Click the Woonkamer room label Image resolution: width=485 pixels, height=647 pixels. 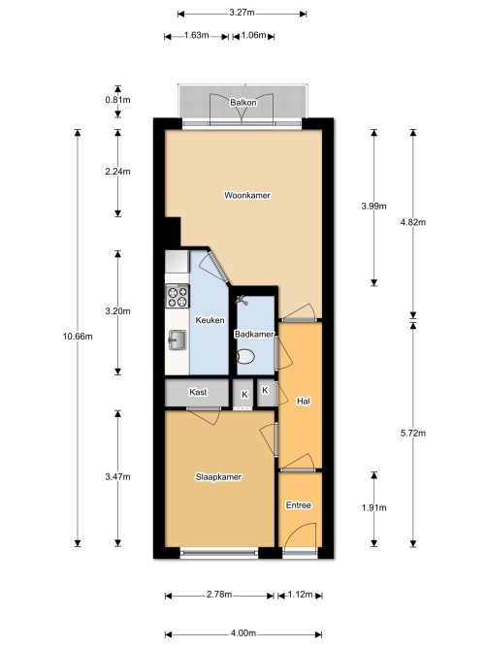(x=246, y=195)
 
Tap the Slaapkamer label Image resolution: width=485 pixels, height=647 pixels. (x=218, y=477)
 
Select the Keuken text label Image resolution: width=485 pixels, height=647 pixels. (x=210, y=320)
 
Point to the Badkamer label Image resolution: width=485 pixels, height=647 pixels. (x=254, y=335)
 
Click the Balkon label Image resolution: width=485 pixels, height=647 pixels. (x=243, y=102)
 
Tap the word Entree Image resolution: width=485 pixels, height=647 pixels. (x=299, y=505)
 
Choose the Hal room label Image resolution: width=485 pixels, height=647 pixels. (x=304, y=401)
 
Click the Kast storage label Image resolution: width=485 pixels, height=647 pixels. (x=198, y=392)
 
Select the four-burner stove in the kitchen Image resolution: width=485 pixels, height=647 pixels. (x=178, y=296)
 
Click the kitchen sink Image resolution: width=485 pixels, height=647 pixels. (x=178, y=340)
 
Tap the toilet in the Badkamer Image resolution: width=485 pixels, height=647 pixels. (x=245, y=357)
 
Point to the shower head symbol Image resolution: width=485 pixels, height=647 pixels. (x=242, y=300)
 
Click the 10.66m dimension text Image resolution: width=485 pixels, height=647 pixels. (x=78, y=337)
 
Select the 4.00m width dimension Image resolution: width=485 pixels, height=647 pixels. (x=243, y=633)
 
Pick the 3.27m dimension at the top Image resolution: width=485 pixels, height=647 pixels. (x=242, y=13)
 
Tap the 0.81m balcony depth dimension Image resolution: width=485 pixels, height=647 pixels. (x=117, y=100)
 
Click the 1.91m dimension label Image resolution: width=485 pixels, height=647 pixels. (x=374, y=507)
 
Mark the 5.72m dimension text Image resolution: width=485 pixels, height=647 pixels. (x=413, y=433)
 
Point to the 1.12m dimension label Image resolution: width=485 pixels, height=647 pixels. (x=300, y=595)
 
